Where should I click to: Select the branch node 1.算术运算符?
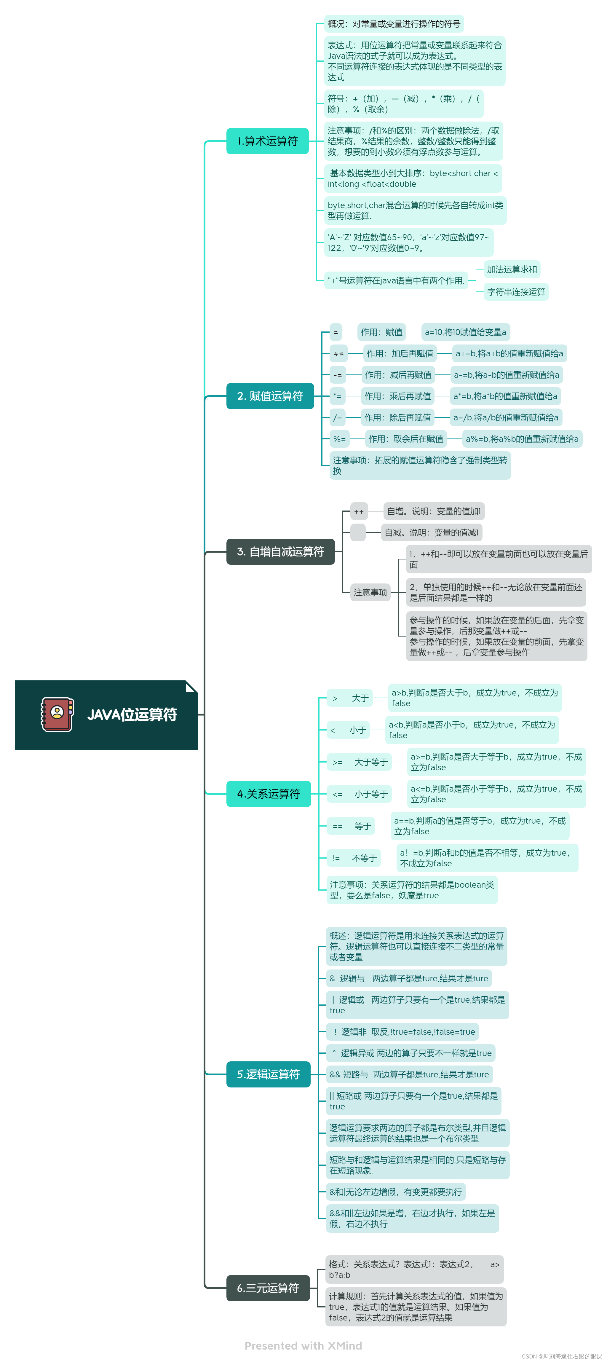[268, 141]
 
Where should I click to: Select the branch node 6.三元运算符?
[268, 1288]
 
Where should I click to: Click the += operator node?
[338, 354]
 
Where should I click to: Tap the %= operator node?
[339, 439]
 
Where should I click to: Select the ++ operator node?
[359, 511]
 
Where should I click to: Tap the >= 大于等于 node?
[360, 762]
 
